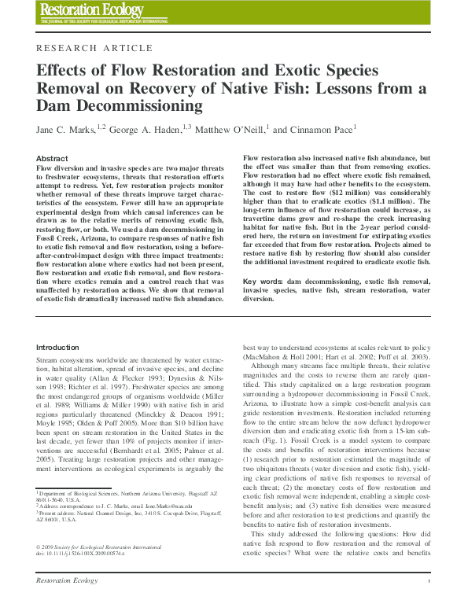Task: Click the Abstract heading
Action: (x=52, y=158)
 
